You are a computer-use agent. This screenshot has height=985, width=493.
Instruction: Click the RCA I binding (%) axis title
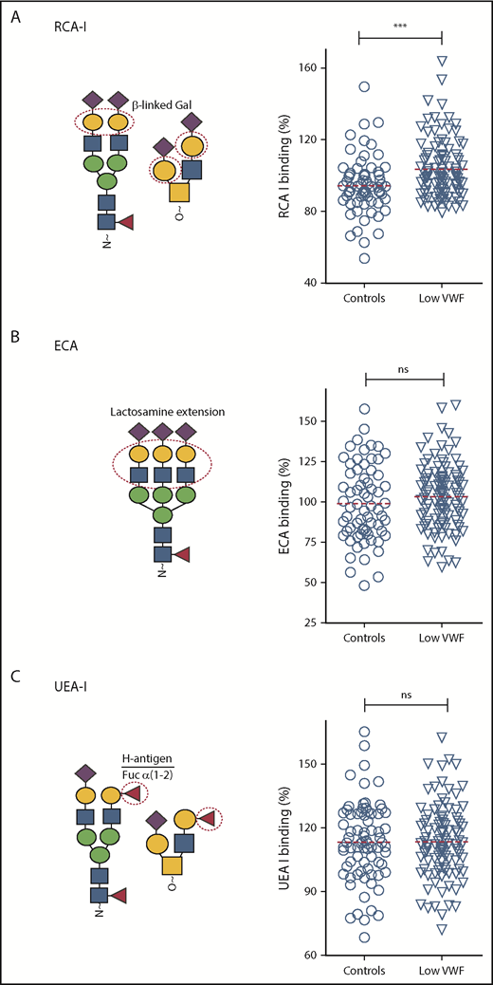pos(283,176)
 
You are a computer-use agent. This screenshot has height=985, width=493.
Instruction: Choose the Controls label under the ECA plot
pos(364,641)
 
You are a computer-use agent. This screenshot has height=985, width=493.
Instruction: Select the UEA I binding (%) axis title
pos(283,839)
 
